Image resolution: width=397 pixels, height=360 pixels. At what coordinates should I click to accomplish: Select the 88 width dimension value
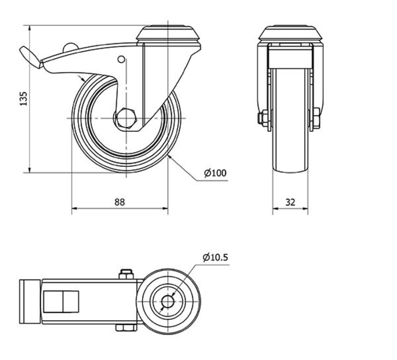tap(119, 202)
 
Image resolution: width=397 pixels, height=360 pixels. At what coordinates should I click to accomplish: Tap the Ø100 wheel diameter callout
tap(215, 173)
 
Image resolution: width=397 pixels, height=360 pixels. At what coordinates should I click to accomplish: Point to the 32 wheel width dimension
tap(290, 202)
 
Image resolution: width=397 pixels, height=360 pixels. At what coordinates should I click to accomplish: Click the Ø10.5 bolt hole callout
tap(215, 257)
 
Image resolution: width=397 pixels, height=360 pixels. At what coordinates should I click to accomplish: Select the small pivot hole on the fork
tap(121, 59)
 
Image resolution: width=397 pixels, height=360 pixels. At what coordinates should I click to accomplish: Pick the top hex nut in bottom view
tap(126, 275)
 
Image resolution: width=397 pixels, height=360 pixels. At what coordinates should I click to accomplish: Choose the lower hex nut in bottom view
tap(126, 328)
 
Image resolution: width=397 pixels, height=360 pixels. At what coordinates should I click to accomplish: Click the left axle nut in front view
tap(262, 118)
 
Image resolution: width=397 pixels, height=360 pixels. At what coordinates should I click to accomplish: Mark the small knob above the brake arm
tap(70, 48)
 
